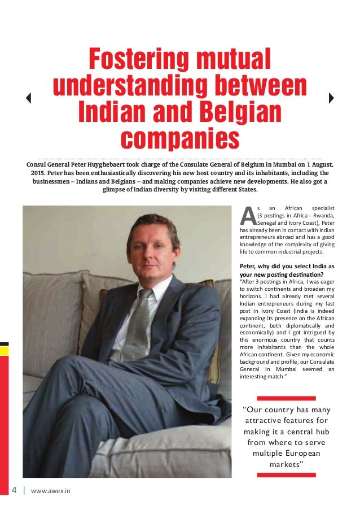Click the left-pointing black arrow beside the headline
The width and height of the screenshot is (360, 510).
tap(28, 98)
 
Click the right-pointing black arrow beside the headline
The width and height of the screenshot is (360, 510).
tap(331, 98)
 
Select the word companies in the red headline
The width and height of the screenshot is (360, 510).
tap(179, 137)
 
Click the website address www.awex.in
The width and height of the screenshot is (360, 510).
tap(51, 490)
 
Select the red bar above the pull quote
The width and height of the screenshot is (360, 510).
tap(286, 398)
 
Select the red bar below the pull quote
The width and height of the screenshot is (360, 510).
tap(286, 475)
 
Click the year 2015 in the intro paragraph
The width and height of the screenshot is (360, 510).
tap(38, 172)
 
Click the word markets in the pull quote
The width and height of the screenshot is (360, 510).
tap(286, 464)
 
